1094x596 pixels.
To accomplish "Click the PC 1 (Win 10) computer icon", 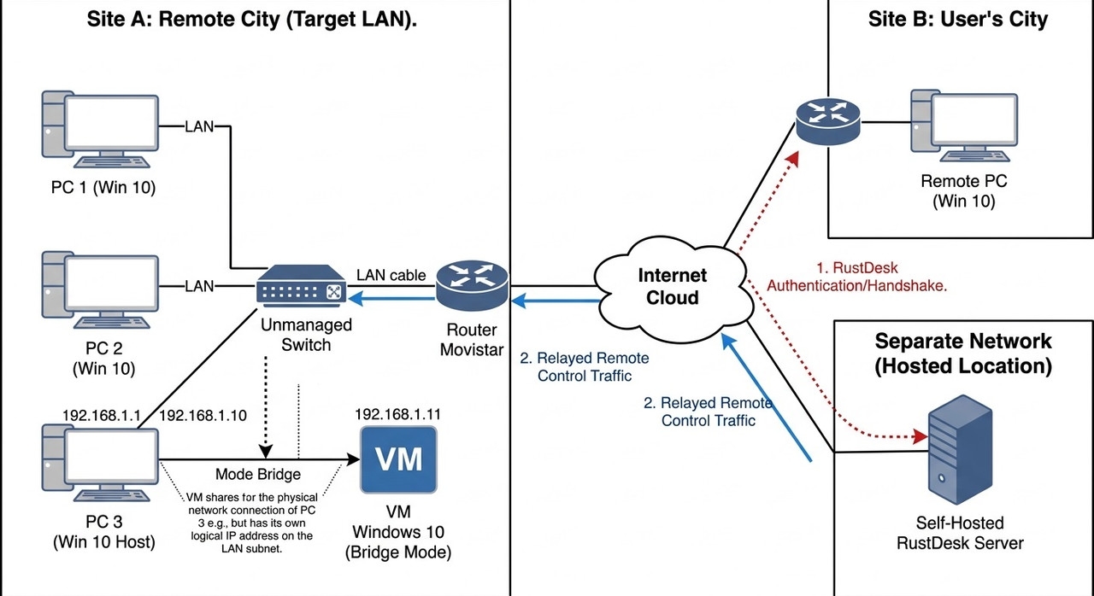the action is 100,129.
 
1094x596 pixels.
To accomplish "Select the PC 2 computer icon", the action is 100,290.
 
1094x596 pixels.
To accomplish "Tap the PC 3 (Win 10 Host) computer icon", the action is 100,464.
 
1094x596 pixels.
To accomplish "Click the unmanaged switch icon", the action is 302,286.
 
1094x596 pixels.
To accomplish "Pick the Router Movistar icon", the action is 473,285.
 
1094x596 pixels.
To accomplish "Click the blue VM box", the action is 398,459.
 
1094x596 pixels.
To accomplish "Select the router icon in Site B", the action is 828,121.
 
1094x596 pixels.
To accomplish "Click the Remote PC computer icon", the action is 965,126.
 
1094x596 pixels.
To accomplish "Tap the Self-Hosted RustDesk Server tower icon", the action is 960,450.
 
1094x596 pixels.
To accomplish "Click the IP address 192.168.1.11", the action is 397,414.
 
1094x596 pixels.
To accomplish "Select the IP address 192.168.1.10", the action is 203,415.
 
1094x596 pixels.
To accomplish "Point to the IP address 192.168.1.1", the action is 102,415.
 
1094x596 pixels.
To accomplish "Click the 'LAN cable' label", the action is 391,275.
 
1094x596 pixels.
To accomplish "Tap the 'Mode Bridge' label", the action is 258,474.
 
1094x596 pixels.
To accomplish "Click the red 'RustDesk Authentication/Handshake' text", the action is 857,277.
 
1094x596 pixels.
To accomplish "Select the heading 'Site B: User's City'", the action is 958,20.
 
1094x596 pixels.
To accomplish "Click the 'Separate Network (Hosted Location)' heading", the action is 963,354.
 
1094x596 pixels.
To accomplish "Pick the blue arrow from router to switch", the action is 391,298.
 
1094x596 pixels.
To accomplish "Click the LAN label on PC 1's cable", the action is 199,126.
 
